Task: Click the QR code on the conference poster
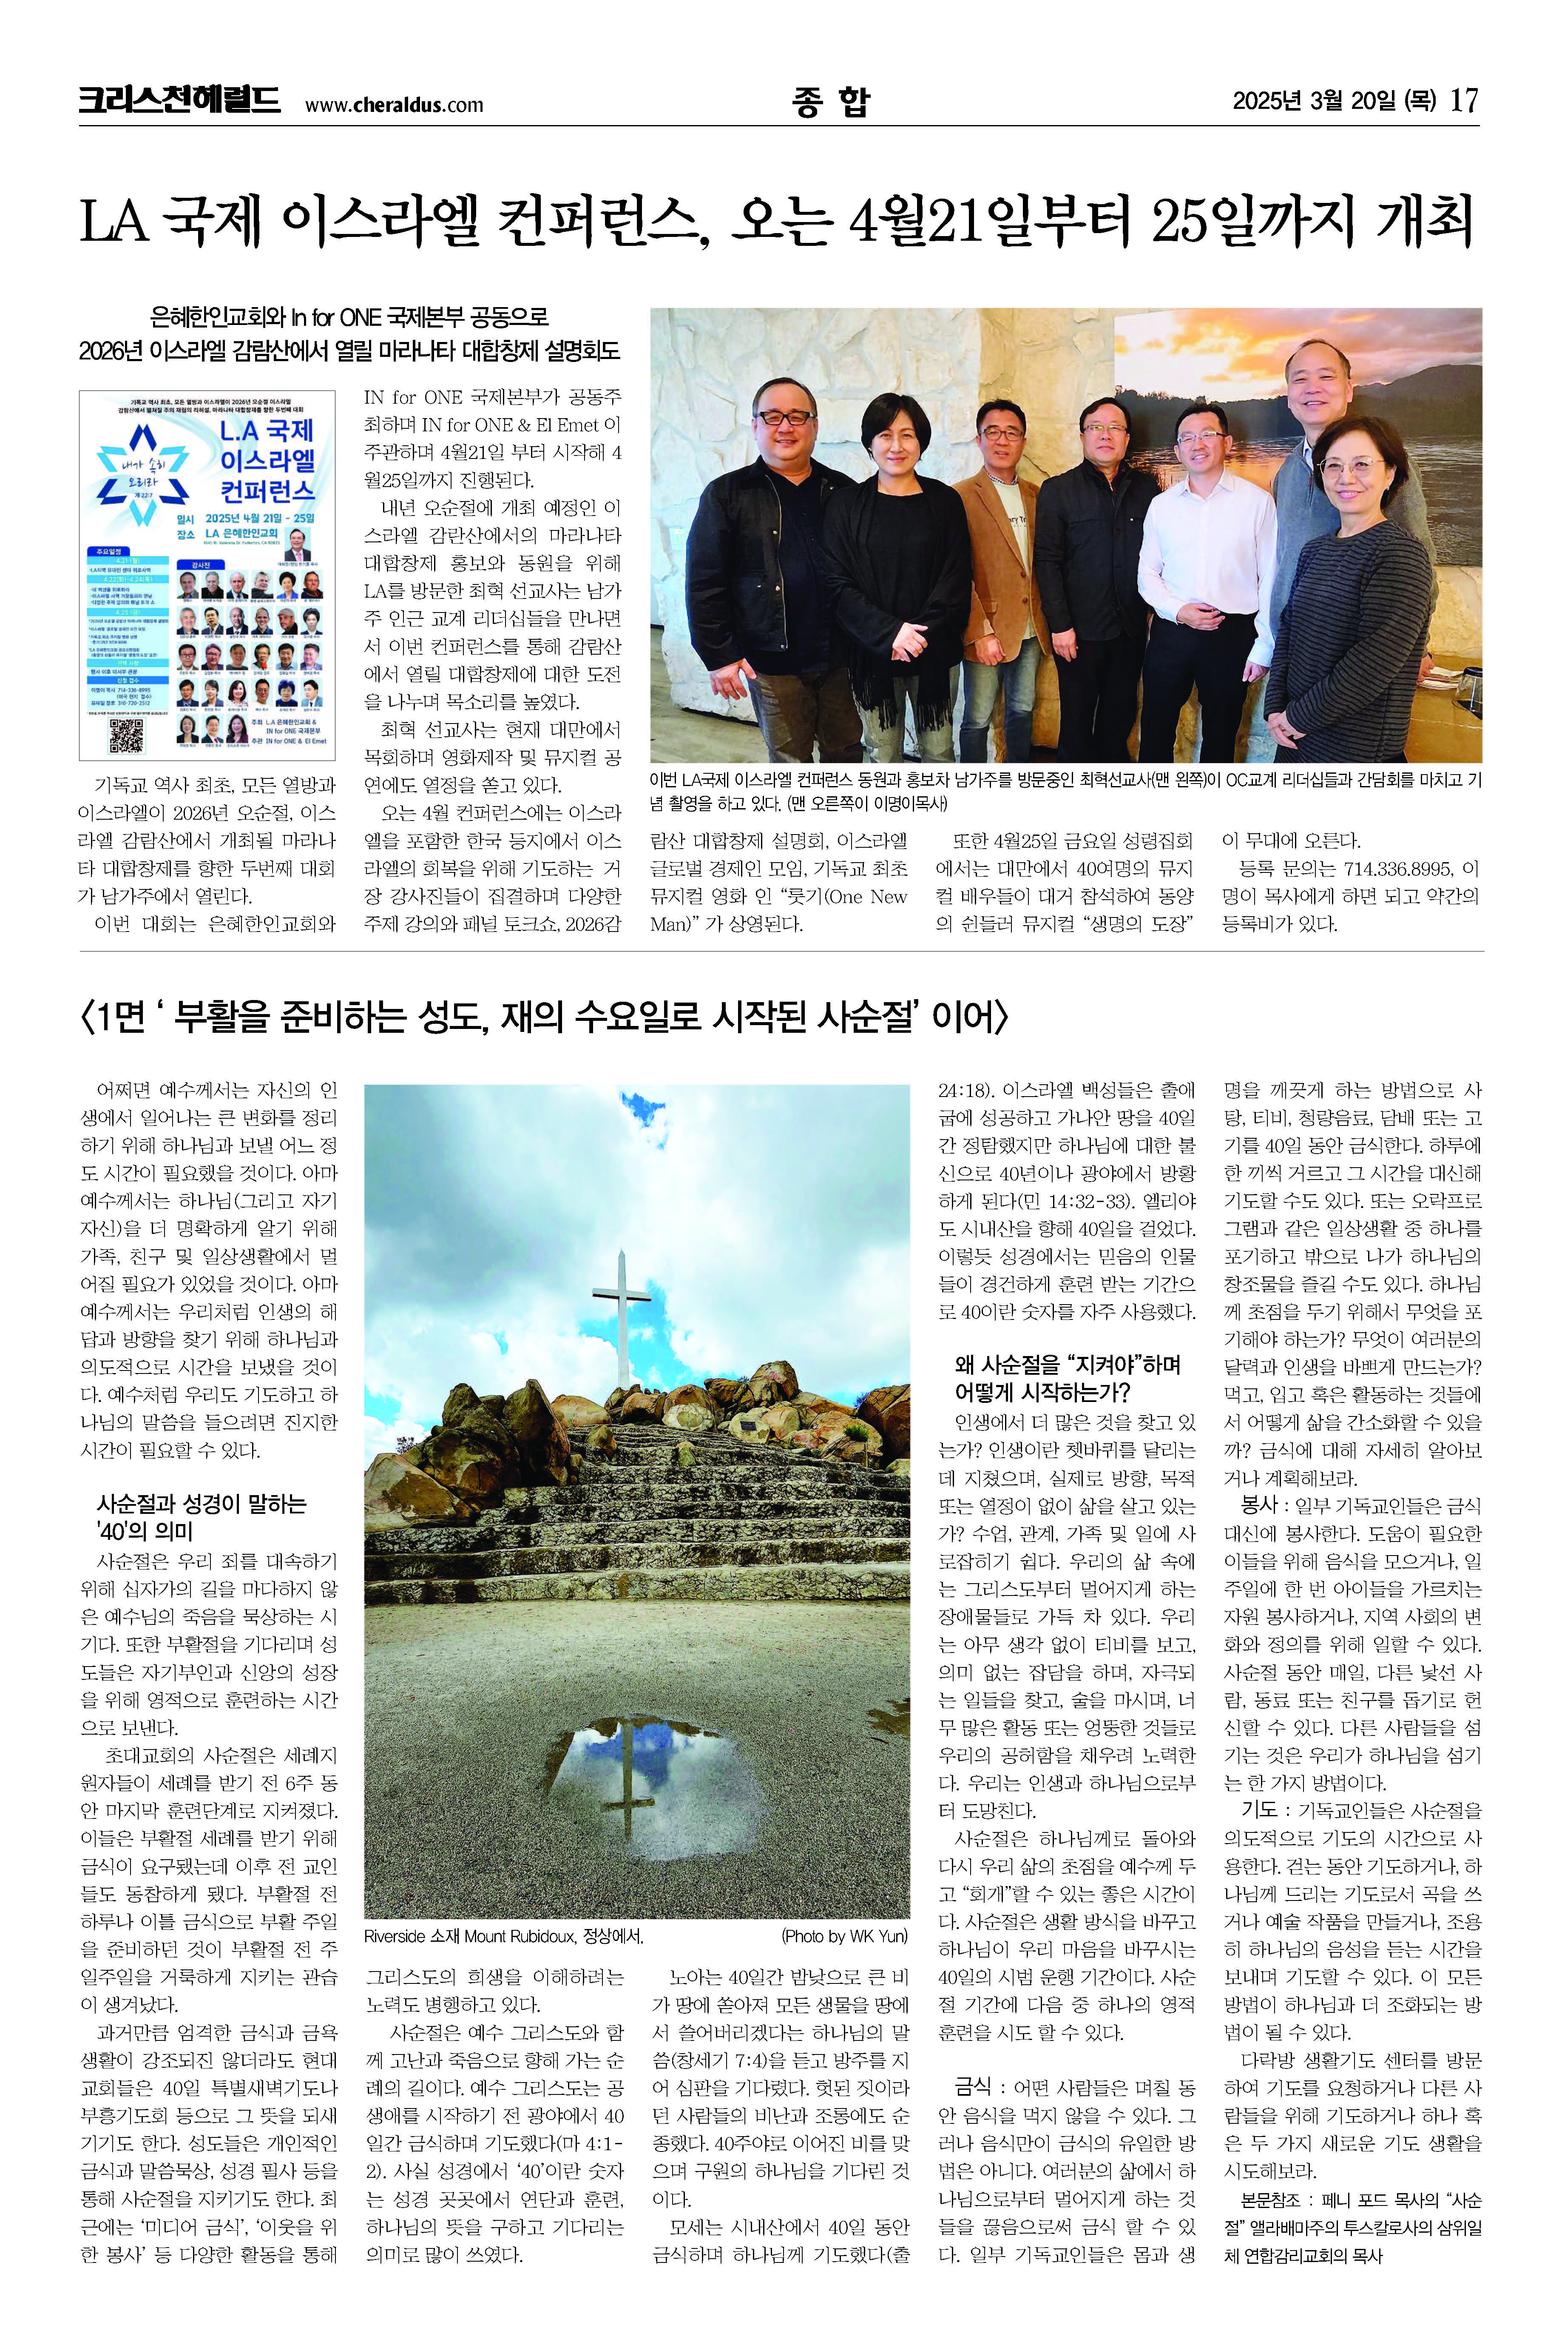(x=126, y=736)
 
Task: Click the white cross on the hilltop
(x=622, y=1313)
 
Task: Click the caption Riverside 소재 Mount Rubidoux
(x=503, y=1935)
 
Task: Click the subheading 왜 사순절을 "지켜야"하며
(x=1067, y=1363)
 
